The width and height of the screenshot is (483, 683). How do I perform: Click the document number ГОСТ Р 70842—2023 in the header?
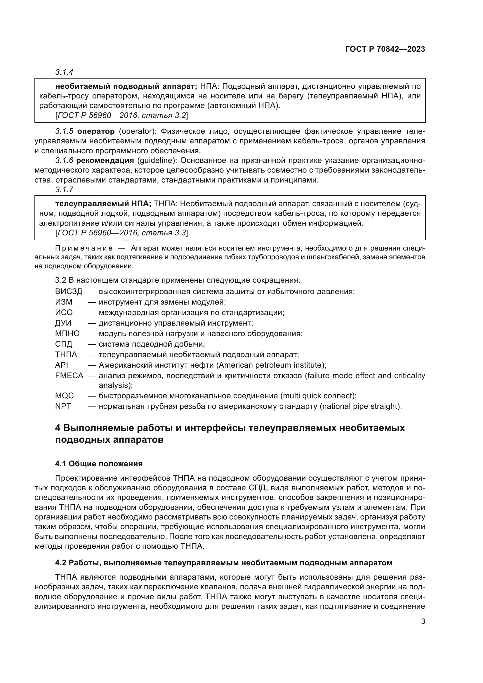[385, 49]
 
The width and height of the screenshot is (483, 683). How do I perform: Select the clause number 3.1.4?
[64, 72]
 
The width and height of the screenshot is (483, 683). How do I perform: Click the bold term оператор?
[96, 131]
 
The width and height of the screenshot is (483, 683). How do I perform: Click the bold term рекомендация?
[105, 161]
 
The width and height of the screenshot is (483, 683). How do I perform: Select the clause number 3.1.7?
[64, 190]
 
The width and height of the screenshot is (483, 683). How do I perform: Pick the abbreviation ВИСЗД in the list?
[68, 291]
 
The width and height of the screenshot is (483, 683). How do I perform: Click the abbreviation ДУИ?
[63, 323]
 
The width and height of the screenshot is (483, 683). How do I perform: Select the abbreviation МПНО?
[67, 333]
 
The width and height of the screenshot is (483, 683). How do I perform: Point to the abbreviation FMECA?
[69, 376]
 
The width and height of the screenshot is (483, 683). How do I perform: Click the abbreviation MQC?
[64, 396]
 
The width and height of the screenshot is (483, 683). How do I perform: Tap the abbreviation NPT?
[63, 406]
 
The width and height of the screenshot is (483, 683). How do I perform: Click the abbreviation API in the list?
[62, 365]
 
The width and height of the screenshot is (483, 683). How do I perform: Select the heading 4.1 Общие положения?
[99, 464]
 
